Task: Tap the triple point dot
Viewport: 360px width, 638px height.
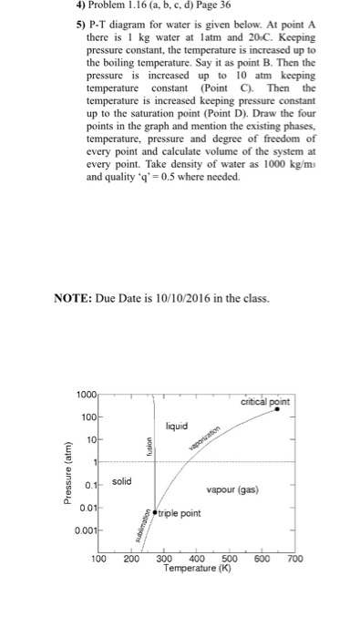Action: [155, 513]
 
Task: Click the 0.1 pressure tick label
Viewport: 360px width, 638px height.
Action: [91, 483]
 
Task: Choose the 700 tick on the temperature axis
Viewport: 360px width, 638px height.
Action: [294, 559]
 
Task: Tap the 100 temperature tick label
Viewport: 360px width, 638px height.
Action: [99, 559]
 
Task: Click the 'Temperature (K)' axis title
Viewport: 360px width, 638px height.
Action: [196, 568]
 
